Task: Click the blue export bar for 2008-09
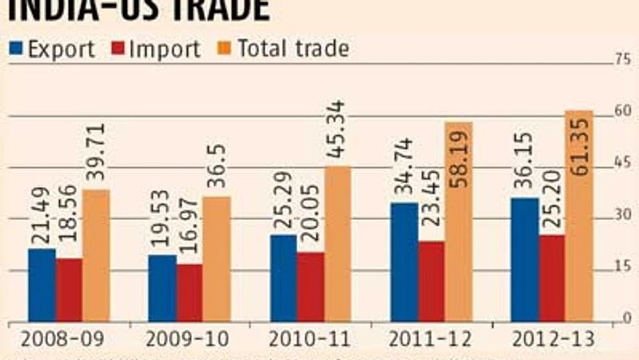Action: pos(42,284)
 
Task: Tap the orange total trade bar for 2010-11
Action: pos(337,243)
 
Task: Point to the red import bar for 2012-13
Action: pos(551,278)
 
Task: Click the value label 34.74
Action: pos(404,169)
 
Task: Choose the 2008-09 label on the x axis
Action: pos(53,340)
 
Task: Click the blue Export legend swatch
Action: pos(16,49)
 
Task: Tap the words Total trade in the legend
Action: pos(293,49)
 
